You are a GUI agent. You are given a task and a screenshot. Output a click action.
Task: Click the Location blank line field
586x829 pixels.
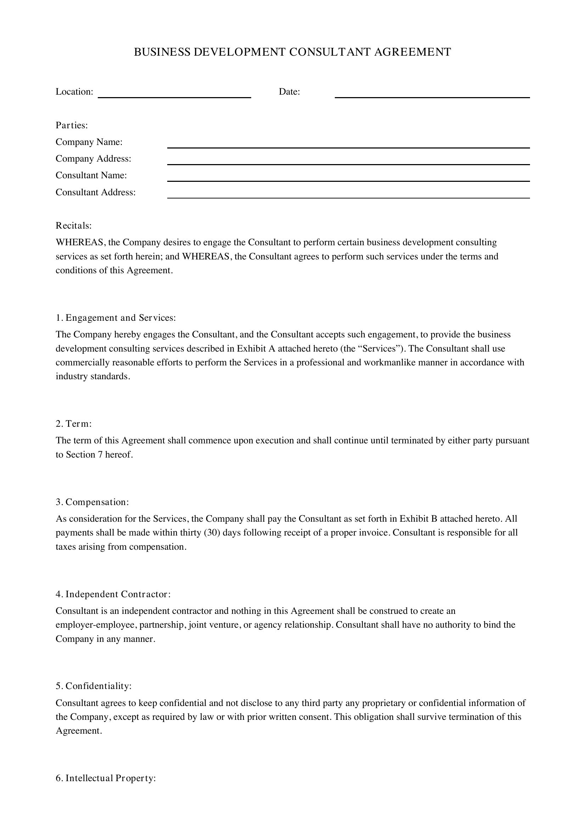click(x=174, y=95)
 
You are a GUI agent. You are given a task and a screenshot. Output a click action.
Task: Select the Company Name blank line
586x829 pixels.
click(x=348, y=145)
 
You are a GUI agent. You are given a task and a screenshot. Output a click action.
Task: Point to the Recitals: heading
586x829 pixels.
click(x=74, y=226)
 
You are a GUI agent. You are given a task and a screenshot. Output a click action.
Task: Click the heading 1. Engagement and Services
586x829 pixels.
click(x=115, y=318)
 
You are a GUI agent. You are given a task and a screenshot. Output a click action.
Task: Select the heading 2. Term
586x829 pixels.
click(x=74, y=424)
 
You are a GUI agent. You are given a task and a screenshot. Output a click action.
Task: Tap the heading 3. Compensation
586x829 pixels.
click(x=92, y=502)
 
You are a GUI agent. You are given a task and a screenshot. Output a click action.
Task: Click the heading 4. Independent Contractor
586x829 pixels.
click(x=113, y=594)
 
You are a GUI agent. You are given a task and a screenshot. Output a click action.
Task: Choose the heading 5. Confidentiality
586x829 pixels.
click(x=94, y=686)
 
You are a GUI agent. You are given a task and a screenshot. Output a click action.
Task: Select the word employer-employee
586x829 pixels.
click(x=95, y=625)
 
